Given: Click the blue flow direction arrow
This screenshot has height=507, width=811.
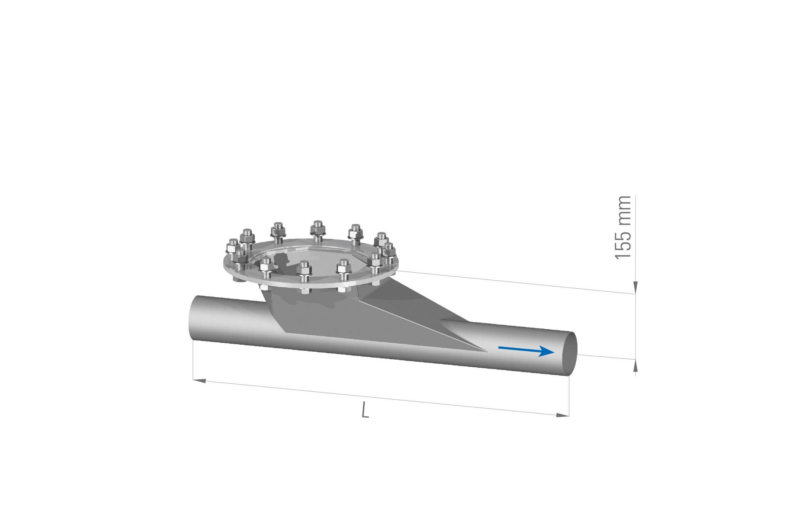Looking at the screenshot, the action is (526, 350).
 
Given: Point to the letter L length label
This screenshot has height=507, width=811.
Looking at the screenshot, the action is (365, 410).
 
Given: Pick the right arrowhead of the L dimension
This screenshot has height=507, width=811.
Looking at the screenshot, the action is (563, 415).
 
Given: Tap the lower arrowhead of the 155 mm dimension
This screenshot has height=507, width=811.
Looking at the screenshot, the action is (635, 366).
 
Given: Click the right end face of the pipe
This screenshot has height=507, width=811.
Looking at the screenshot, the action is (570, 353).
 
